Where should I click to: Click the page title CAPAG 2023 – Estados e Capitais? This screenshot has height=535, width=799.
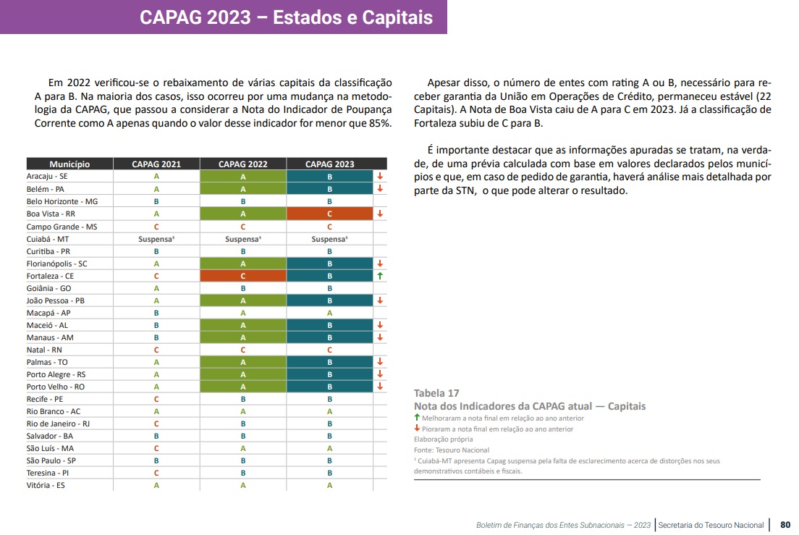(286, 17)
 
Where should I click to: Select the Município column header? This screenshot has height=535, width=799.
(69, 164)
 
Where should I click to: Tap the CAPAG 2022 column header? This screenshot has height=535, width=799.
(242, 164)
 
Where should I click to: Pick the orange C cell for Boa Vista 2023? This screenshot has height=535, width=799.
(329, 214)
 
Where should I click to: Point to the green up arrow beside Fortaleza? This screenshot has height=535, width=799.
(380, 276)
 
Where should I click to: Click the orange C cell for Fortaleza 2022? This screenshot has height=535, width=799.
(242, 276)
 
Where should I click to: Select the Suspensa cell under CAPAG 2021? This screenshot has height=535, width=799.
(156, 239)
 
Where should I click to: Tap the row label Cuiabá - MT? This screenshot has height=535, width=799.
(48, 239)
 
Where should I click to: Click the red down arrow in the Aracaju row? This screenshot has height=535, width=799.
(380, 177)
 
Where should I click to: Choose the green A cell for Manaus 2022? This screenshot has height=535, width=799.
(242, 337)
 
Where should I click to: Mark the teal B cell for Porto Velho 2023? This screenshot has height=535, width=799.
(329, 387)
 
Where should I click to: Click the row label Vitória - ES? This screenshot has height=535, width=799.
(46, 485)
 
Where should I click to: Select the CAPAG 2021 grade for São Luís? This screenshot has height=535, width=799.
(156, 448)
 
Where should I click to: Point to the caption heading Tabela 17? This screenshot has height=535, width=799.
(436, 393)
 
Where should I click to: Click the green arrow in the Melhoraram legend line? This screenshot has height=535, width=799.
(417, 418)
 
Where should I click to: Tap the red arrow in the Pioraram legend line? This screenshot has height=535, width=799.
(417, 429)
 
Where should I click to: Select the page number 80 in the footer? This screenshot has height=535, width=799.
(785, 525)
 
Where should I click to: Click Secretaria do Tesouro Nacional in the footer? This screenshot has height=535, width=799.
(711, 525)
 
